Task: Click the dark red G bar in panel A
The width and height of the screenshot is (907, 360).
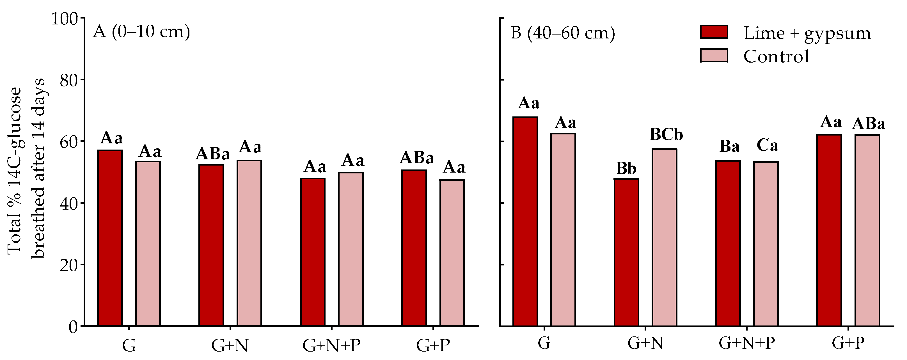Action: point(110,238)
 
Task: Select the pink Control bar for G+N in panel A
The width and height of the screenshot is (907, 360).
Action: point(249,243)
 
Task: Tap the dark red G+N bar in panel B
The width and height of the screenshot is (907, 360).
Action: point(626,252)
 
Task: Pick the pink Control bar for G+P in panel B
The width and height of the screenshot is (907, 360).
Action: point(867,230)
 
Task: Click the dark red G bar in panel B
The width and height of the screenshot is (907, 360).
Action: point(525,221)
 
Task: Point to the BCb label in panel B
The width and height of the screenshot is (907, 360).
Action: point(666,135)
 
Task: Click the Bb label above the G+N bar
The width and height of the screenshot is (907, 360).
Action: point(626,169)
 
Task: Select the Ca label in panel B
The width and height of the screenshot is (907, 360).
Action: point(767,145)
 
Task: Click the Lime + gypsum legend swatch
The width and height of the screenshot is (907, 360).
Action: point(714,32)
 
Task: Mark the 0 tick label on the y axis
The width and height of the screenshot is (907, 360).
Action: point(73,327)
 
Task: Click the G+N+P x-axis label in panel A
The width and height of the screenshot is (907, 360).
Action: point(331,346)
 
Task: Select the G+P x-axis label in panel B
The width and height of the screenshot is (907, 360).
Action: point(848,343)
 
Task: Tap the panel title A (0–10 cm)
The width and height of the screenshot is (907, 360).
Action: point(141,32)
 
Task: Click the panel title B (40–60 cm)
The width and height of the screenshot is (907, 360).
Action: point(563,33)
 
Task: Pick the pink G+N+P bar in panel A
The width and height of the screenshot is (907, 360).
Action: point(350,249)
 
